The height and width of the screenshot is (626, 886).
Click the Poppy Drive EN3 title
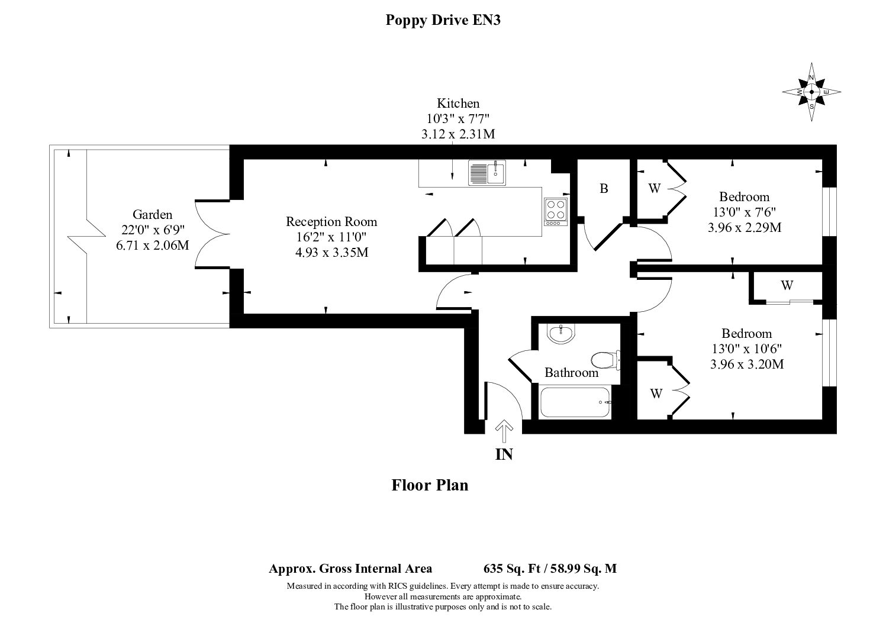(443, 20)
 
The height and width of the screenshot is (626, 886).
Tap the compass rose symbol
(811, 92)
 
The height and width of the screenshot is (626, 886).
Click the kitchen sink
(487, 173)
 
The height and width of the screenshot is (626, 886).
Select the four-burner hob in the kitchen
(556, 212)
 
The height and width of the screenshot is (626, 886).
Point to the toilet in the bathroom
(605, 360)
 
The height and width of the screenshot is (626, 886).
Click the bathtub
(575, 402)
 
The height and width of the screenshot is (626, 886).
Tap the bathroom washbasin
(560, 333)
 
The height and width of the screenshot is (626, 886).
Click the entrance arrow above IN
(504, 431)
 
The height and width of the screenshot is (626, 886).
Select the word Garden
(152, 215)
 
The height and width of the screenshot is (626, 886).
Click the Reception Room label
(331, 222)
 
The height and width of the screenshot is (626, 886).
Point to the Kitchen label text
(458, 104)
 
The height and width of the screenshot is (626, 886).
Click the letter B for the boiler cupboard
(604, 189)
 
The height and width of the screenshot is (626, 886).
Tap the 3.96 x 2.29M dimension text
(745, 228)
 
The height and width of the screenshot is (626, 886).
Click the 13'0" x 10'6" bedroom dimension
(747, 349)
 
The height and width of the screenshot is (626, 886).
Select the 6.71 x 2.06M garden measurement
(152, 246)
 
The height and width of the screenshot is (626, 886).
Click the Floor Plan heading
(430, 485)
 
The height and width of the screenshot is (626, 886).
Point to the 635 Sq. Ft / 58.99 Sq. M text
(550, 569)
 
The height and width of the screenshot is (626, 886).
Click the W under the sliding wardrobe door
(787, 285)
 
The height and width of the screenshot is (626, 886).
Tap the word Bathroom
(571, 373)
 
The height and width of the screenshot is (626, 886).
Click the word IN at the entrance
(504, 455)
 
